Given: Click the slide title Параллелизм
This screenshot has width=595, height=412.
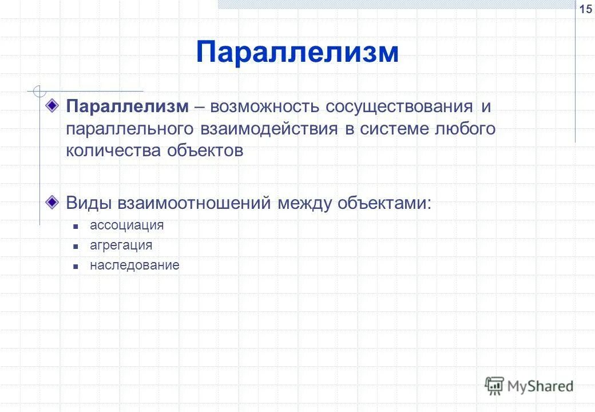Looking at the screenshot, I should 297,53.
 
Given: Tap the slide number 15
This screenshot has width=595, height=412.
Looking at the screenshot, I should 586,9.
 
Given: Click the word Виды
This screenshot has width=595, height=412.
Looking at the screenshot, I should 88,203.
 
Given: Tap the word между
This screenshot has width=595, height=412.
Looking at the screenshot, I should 304,203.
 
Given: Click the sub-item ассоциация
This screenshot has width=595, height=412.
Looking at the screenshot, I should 126,225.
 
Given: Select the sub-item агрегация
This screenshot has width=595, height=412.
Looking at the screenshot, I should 121,245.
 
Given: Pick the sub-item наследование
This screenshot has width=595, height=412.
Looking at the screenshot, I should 134,265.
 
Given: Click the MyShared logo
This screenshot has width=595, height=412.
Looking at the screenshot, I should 529,386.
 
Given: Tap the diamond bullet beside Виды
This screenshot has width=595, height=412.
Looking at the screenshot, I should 53,202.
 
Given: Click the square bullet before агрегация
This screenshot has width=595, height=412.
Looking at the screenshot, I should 75,246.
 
